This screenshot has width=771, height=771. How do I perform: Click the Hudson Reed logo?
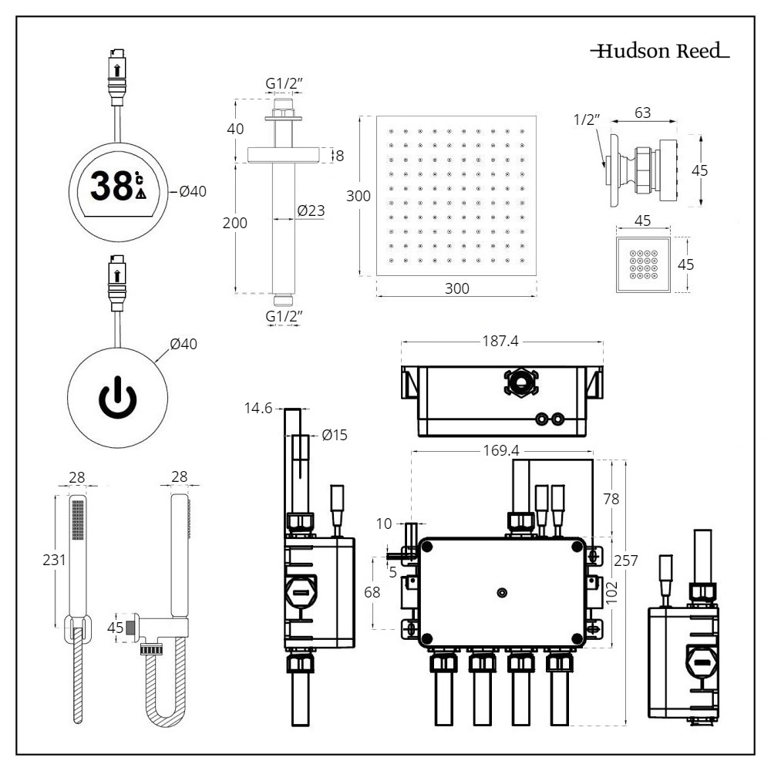[x=660, y=52]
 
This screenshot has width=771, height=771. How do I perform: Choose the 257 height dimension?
[x=626, y=561]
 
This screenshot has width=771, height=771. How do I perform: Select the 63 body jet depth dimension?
[x=643, y=113]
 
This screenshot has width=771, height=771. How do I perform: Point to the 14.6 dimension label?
[x=258, y=409]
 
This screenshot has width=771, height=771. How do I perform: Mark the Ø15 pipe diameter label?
[x=335, y=435]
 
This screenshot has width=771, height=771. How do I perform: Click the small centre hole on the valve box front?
[x=502, y=592]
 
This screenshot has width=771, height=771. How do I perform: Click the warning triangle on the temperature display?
[x=140, y=194]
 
